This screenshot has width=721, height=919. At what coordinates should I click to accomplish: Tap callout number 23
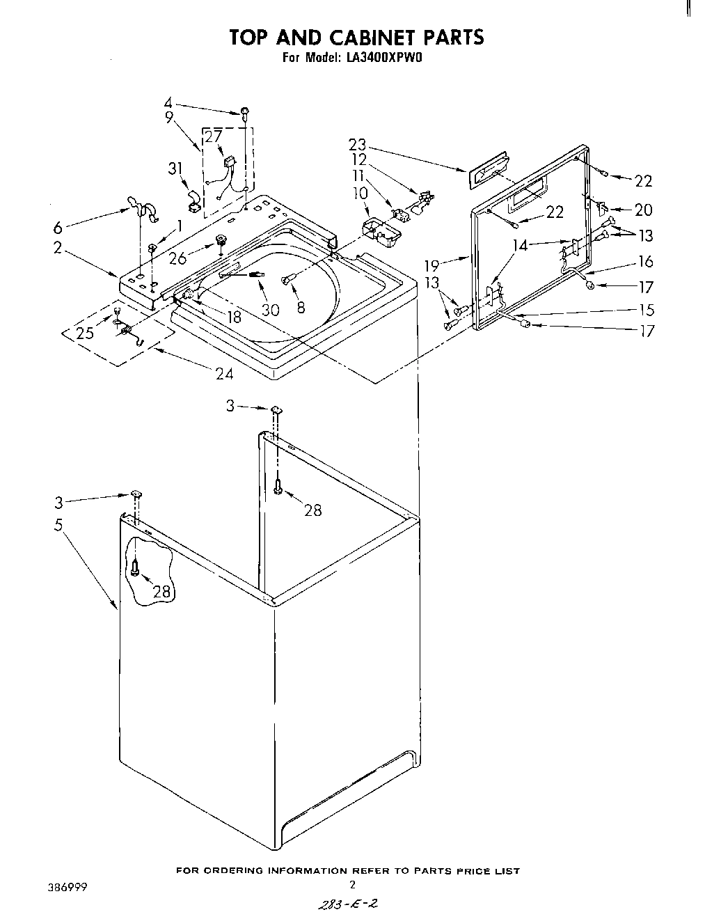[x=357, y=144]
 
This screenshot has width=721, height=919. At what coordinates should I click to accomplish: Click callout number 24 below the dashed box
[x=224, y=373]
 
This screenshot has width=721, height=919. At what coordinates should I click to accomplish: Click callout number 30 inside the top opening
[x=270, y=309]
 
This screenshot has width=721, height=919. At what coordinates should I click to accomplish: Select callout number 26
[x=178, y=258]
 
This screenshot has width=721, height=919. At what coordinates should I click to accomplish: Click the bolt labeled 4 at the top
[x=246, y=111]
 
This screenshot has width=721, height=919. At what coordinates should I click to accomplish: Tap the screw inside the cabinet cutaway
[x=136, y=570]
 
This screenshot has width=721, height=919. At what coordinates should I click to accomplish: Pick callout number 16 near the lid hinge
[x=646, y=261]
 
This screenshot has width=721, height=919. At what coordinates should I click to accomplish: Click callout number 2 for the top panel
[x=58, y=247]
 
